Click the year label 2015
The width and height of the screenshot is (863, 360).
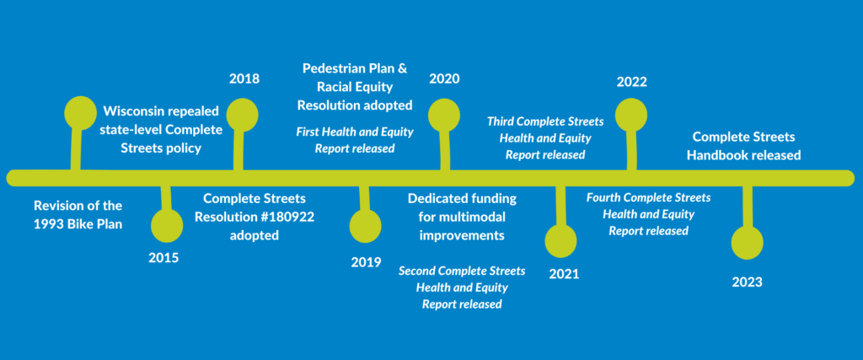tap(163, 258)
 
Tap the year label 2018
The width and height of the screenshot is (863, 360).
tap(244, 79)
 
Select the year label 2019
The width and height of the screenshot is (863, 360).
tap(366, 261)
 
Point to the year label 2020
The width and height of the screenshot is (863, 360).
tap(443, 79)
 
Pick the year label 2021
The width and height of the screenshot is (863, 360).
tap(564, 274)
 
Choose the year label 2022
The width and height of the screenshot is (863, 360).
tap(631, 82)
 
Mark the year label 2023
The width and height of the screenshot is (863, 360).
tap(747, 282)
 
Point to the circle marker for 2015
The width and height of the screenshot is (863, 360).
tap(166, 225)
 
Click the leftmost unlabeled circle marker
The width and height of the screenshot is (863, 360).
tap(81, 112)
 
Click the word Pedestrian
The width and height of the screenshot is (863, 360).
tap(339, 67)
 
